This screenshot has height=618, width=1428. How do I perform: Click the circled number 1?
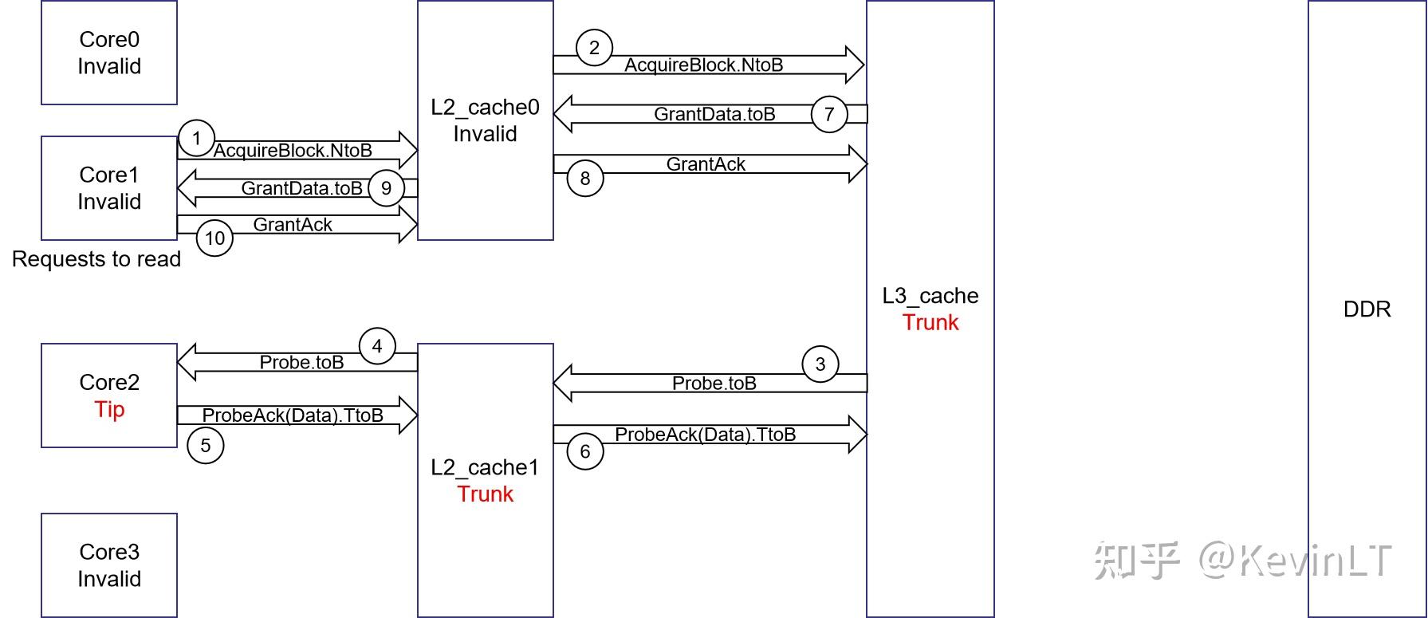click(x=196, y=139)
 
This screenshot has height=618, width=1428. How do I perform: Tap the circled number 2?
click(x=593, y=49)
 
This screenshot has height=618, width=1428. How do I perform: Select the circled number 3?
click(x=820, y=364)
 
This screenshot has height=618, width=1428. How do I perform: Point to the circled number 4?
click(x=377, y=346)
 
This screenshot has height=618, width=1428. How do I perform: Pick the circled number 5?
click(x=205, y=445)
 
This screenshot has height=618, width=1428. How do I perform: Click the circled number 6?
click(x=585, y=451)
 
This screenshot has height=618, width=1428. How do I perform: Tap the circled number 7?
click(x=829, y=114)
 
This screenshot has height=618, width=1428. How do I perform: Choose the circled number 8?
click(x=585, y=178)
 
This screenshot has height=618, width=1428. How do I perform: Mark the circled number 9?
click(x=386, y=188)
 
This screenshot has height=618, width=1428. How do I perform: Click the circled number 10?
click(x=214, y=238)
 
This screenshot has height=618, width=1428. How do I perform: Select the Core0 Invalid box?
click(x=109, y=53)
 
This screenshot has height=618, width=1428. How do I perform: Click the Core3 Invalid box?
click(x=109, y=565)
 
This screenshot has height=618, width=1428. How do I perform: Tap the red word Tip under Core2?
click(x=109, y=409)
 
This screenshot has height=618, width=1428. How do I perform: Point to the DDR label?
click(x=1367, y=309)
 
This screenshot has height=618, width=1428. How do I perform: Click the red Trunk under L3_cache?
click(x=930, y=322)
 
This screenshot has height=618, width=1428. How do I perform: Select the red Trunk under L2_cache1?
click(x=485, y=494)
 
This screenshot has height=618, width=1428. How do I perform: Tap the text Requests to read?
click(x=96, y=259)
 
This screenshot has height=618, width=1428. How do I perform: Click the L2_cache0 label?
click(x=485, y=108)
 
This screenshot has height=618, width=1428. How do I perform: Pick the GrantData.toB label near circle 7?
click(x=714, y=114)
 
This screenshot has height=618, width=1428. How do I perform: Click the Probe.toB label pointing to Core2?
click(x=301, y=362)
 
